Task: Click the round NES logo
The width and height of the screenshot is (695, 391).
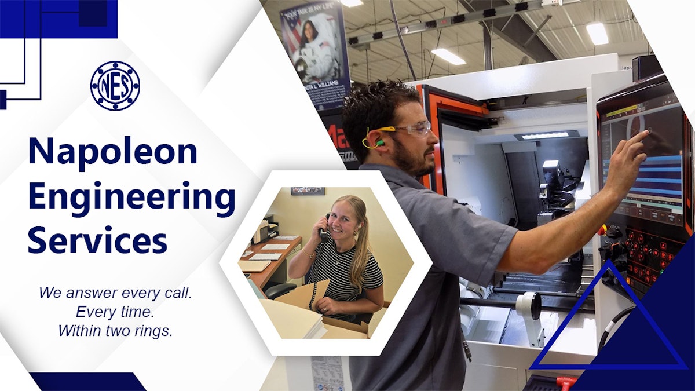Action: [115, 86]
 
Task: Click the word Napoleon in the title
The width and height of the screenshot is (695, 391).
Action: [113, 152]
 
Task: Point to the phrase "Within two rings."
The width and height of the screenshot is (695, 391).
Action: [115, 331]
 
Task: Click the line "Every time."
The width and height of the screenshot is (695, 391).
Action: [115, 312]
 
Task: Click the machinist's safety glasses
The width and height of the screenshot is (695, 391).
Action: [412, 129]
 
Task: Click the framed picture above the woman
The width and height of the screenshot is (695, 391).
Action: [307, 191]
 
